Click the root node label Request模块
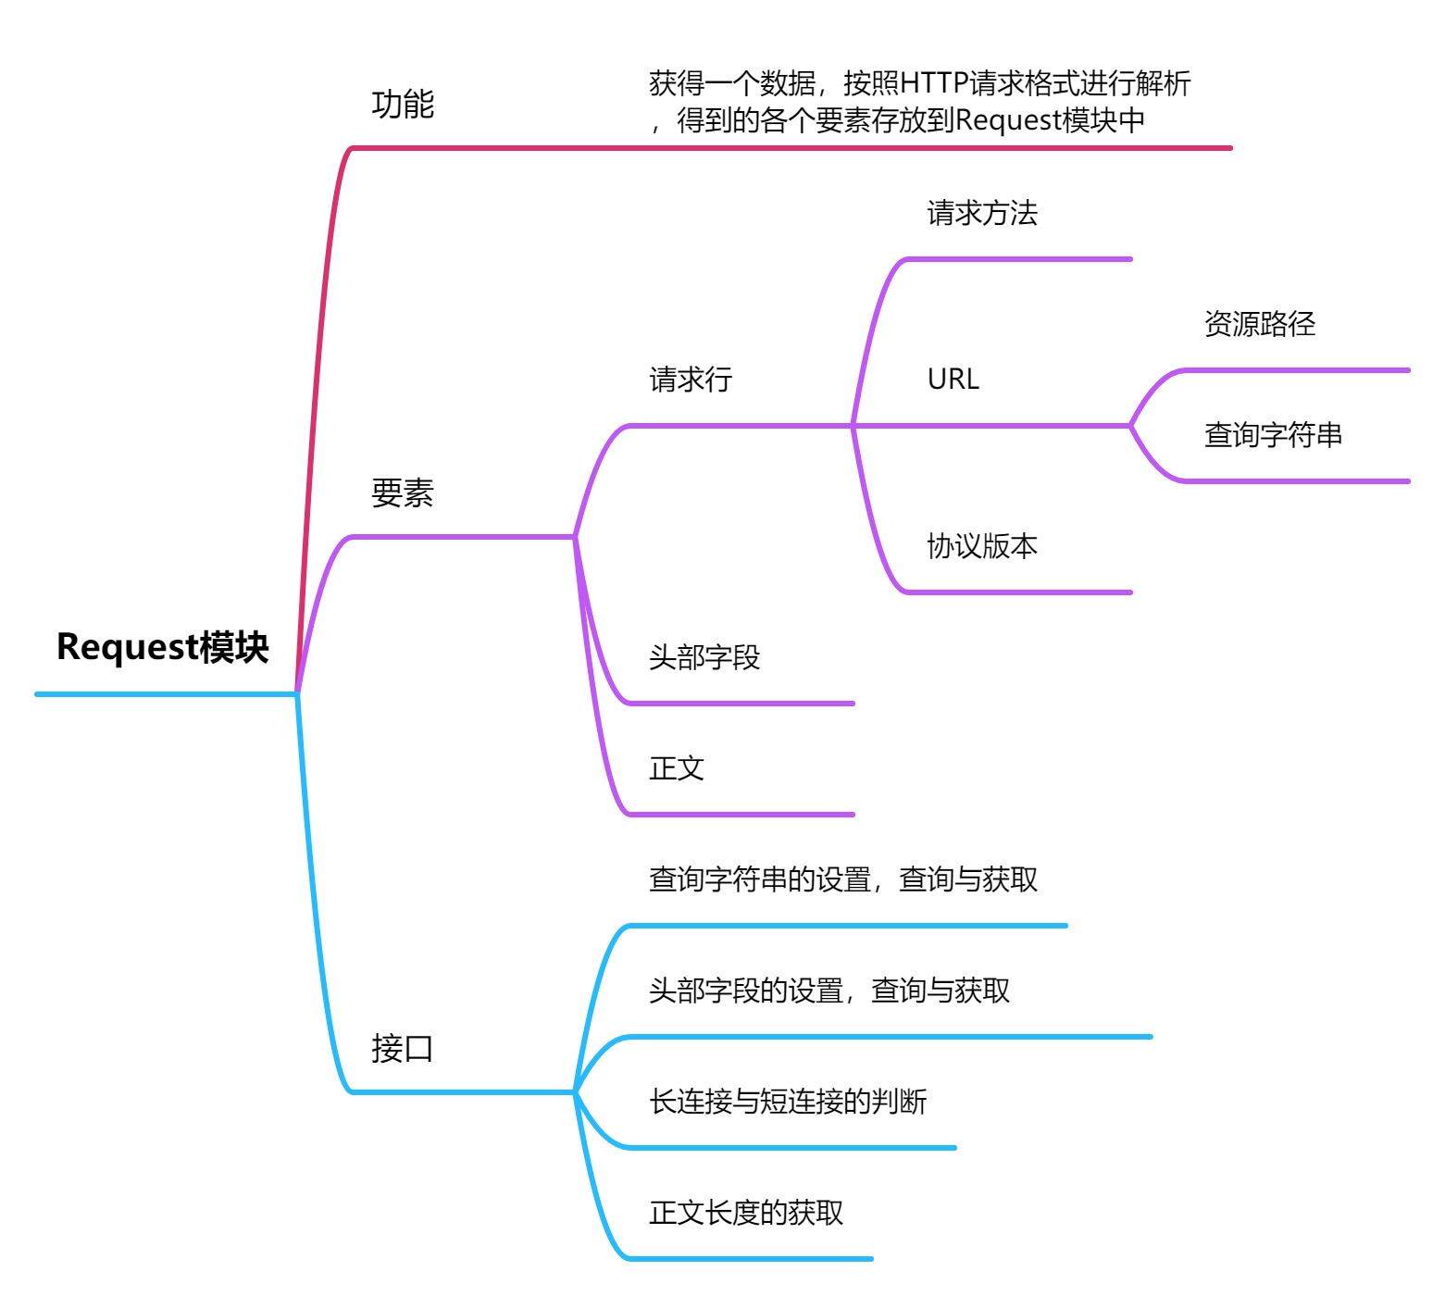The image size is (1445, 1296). (x=163, y=647)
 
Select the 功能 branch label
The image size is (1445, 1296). (x=403, y=104)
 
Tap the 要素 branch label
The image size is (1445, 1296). (x=403, y=492)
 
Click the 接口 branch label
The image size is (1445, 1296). (x=403, y=1048)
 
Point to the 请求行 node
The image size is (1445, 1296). (x=691, y=380)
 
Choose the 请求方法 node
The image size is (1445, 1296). (x=982, y=213)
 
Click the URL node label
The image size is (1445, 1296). (x=953, y=380)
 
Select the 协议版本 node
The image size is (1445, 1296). (x=982, y=546)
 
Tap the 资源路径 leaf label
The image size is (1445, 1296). (x=1260, y=324)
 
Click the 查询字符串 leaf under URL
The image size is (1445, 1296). (x=1273, y=435)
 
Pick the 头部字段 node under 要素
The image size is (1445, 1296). (x=704, y=657)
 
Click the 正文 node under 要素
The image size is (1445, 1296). (x=677, y=768)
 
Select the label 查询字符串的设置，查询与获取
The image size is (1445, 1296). (x=843, y=879)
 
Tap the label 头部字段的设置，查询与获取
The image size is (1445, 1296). (x=829, y=991)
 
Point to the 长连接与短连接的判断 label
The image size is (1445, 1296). (x=788, y=1102)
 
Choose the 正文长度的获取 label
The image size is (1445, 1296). (x=746, y=1213)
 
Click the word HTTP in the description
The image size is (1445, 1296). (x=934, y=84)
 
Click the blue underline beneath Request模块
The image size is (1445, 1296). (x=167, y=693)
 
